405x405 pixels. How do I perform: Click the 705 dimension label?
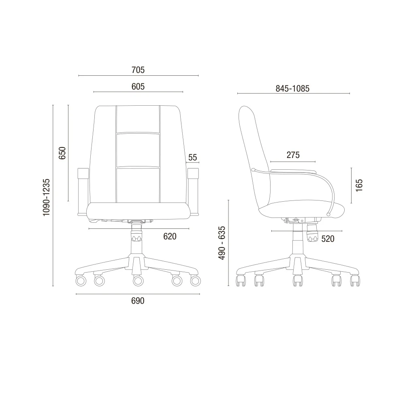pyautogui.click(x=138, y=70)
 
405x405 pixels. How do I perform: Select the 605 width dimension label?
pyautogui.click(x=138, y=87)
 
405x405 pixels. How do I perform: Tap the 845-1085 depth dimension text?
pyautogui.click(x=292, y=89)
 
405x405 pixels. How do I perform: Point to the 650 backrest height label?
pyautogui.click(x=62, y=153)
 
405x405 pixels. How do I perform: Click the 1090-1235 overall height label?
pyautogui.click(x=46, y=197)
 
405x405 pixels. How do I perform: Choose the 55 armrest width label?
pyautogui.click(x=193, y=157)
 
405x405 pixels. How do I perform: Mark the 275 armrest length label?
pyautogui.click(x=293, y=155)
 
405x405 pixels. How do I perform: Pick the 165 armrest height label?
pyautogui.click(x=359, y=185)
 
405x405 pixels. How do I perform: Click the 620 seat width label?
pyautogui.click(x=170, y=237)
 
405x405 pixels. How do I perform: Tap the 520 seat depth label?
pyautogui.click(x=328, y=239)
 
